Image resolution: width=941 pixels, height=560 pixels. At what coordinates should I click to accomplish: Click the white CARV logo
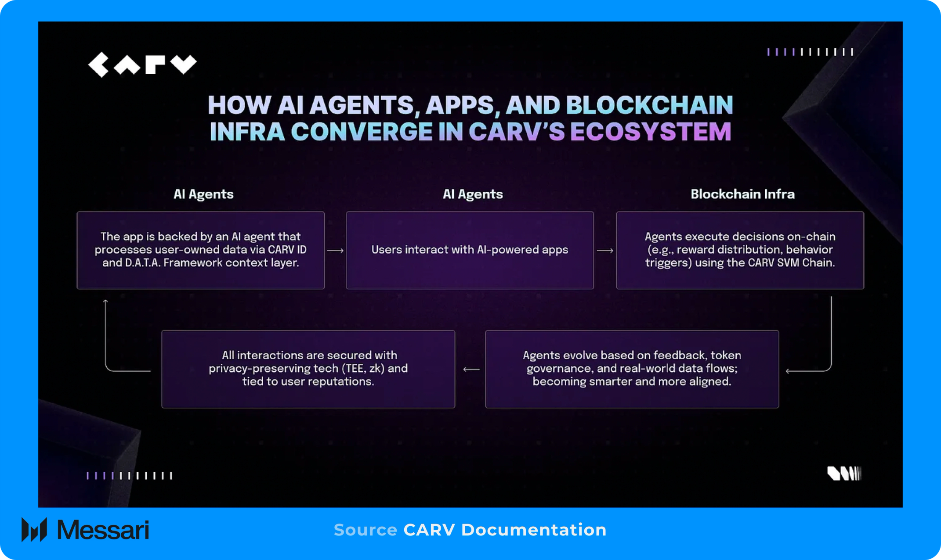(x=142, y=65)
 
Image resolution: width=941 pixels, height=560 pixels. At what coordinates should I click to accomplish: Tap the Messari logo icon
(x=34, y=530)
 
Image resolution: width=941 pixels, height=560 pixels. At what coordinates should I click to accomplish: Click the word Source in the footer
(x=365, y=530)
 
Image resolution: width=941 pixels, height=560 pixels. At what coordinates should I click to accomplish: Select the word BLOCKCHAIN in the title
(x=649, y=105)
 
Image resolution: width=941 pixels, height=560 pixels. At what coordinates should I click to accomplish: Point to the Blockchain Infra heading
(x=742, y=194)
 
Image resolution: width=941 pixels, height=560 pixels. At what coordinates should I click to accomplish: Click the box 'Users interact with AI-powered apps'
(x=470, y=250)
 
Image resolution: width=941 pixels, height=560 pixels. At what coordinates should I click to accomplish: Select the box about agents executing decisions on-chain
(x=740, y=250)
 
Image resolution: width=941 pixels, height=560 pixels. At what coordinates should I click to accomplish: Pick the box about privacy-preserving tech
(x=308, y=369)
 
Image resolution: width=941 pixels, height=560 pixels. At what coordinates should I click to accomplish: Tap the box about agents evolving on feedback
(x=632, y=369)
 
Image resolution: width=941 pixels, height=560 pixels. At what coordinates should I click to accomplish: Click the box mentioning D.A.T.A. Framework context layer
(x=200, y=250)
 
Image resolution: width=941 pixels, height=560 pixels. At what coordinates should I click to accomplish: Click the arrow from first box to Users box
(x=335, y=251)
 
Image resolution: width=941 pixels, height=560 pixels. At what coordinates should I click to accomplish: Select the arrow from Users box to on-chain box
(x=605, y=251)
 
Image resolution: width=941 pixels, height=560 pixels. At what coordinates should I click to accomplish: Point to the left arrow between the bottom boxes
(x=471, y=370)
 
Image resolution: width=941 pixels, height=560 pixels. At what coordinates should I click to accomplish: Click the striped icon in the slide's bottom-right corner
(x=844, y=474)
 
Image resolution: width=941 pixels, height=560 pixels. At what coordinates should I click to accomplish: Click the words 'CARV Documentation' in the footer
(x=505, y=530)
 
